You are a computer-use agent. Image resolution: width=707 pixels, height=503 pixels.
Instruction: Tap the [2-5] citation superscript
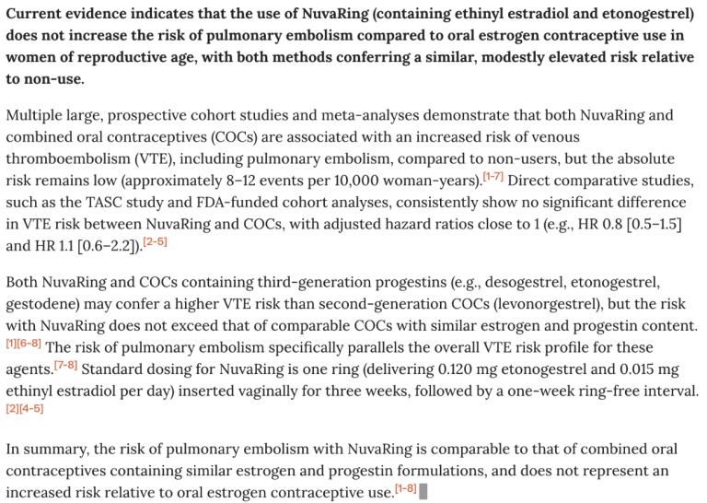(x=154, y=241)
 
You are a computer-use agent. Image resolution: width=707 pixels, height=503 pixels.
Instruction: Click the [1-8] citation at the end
(x=405, y=488)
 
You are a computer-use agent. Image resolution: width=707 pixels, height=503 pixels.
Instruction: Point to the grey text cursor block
(x=423, y=493)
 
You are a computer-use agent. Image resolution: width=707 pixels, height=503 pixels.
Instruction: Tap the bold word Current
(x=36, y=14)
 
